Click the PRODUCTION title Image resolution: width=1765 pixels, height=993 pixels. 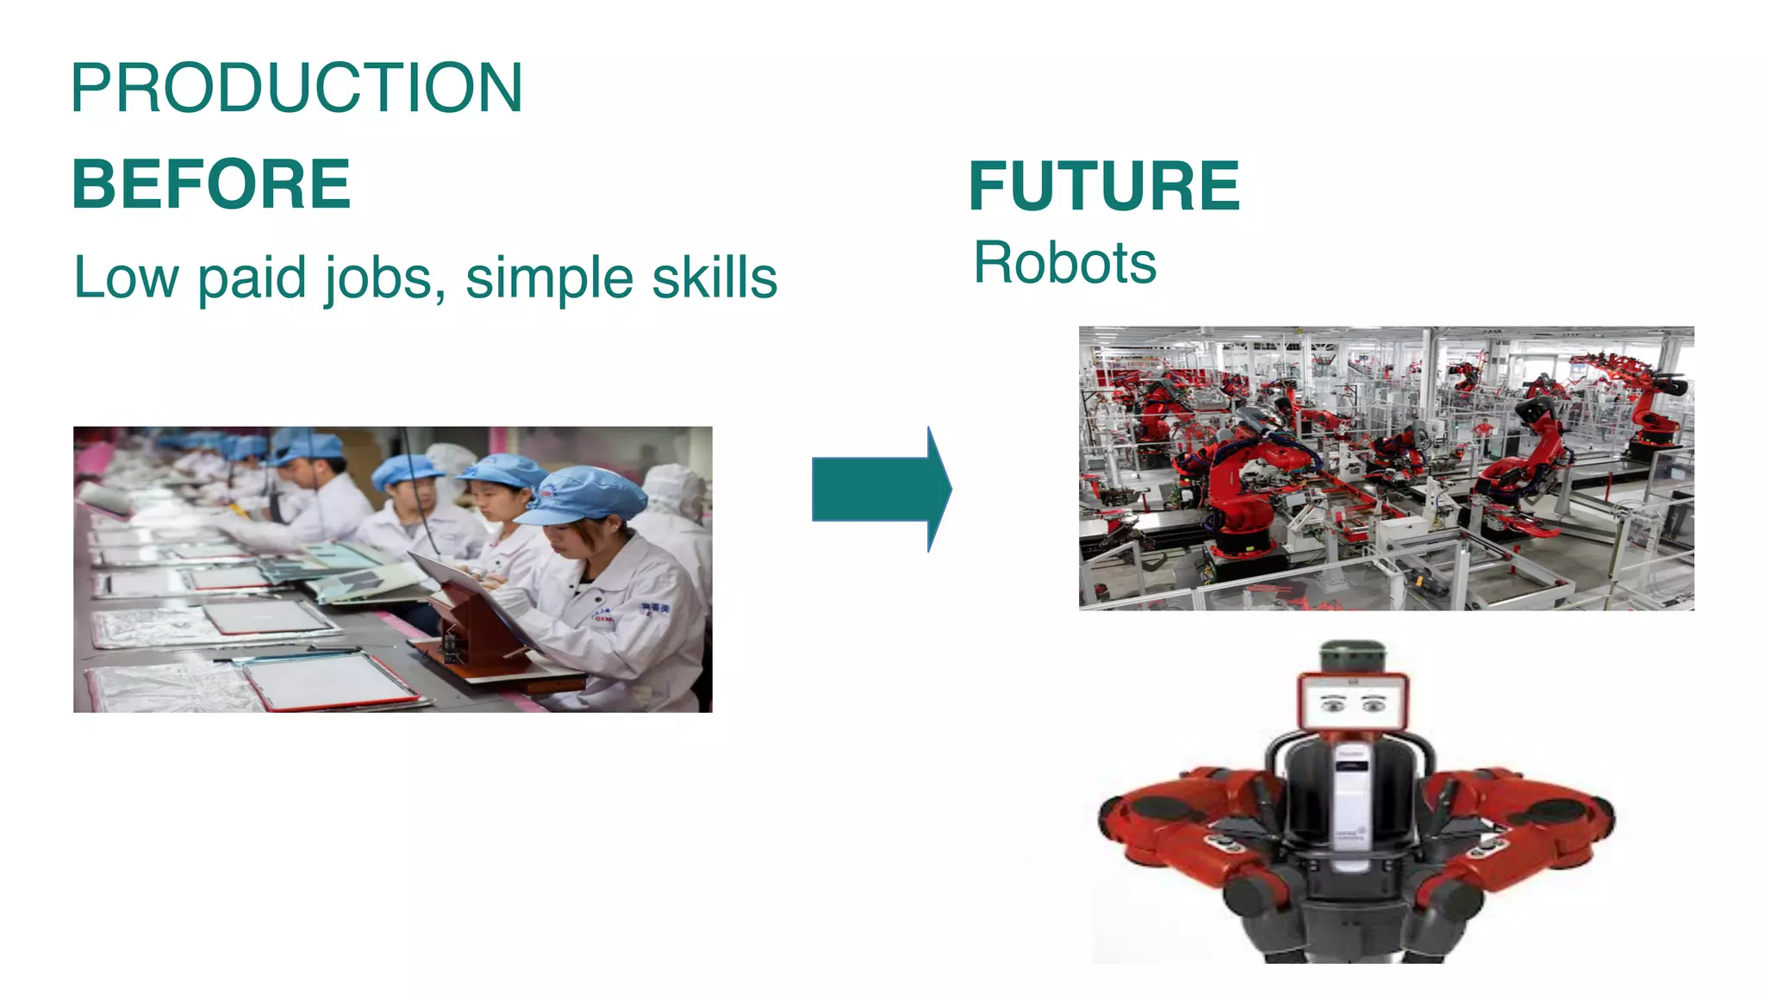click(296, 88)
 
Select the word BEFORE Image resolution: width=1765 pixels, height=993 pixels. click(211, 184)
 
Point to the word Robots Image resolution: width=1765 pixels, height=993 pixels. click(1064, 263)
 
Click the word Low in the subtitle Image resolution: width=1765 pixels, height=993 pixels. click(126, 278)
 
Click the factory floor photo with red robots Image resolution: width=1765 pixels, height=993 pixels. click(1386, 468)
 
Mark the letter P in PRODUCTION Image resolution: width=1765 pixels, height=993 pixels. click(91, 88)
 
